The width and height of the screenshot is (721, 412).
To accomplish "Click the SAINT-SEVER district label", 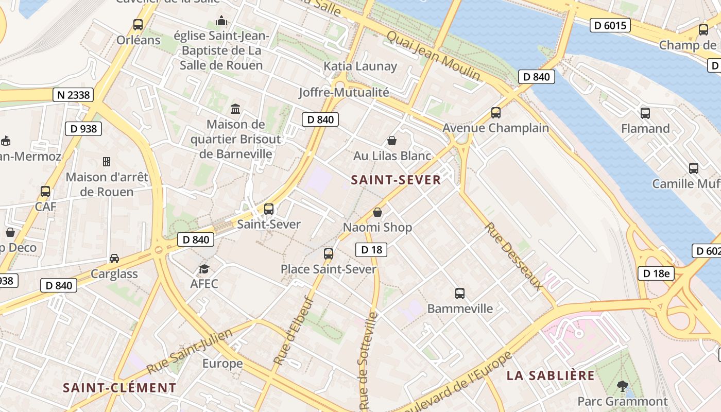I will [x=396, y=180].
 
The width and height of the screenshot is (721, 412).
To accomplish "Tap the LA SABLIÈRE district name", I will [x=550, y=375].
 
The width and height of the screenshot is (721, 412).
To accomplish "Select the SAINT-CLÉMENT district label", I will [x=119, y=388].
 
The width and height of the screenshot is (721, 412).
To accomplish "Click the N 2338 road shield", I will [x=73, y=95].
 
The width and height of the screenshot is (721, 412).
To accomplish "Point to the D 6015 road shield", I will [x=610, y=25].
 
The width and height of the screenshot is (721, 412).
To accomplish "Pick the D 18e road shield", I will [x=656, y=273].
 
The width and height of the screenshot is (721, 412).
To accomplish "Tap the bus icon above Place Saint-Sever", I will [x=329, y=253].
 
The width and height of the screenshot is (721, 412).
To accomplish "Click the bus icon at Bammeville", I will [x=460, y=294].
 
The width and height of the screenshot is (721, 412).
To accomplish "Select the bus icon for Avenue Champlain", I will [x=496, y=112].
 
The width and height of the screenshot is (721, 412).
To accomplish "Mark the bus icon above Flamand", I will [x=645, y=113].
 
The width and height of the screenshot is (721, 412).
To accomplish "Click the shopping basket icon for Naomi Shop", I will [x=377, y=212].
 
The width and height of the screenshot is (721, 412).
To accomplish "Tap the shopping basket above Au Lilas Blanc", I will [x=392, y=141].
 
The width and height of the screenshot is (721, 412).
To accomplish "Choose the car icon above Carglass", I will [x=114, y=259].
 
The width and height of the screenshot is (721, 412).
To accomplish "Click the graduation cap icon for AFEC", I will [x=204, y=269].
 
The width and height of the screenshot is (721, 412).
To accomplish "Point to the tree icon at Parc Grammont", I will [x=623, y=386].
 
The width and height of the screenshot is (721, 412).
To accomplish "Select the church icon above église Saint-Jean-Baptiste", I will [x=221, y=21].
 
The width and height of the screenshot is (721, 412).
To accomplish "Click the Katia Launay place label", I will [x=360, y=66].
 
